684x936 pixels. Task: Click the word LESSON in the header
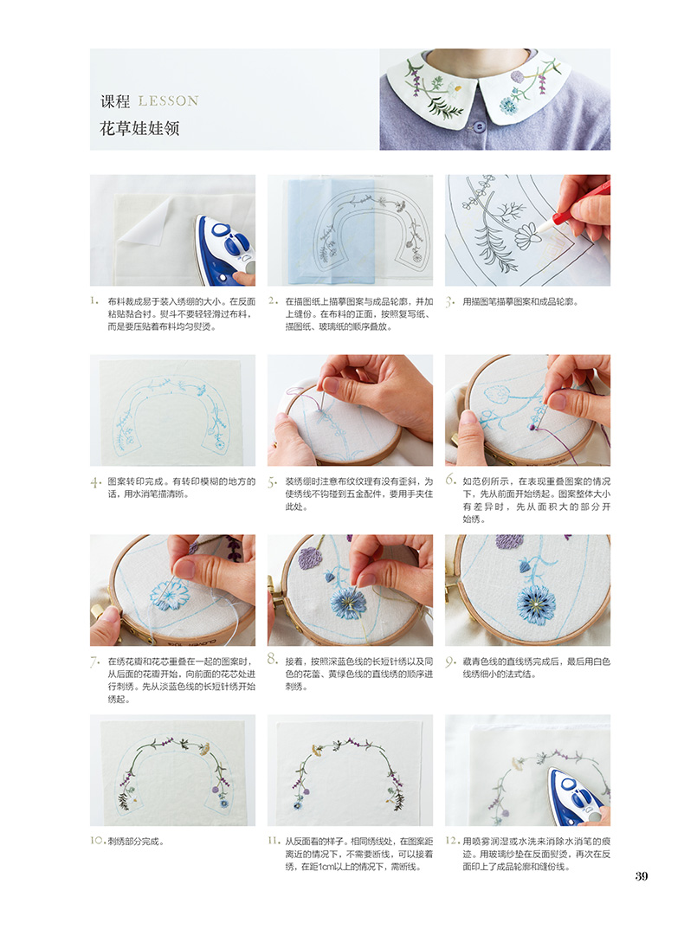tap(168, 101)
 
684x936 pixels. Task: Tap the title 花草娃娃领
tap(139, 128)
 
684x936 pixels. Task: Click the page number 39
tap(641, 875)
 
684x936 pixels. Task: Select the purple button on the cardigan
tap(478, 126)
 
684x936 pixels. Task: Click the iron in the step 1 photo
tap(226, 249)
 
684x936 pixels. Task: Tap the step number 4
tap(95, 482)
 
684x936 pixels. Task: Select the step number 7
tap(94, 662)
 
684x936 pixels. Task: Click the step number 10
tap(98, 841)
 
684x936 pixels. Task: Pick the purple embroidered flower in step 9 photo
tap(509, 541)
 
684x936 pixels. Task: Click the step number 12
tap(453, 841)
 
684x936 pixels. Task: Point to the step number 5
tap(273, 482)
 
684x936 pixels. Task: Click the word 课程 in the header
tap(115, 101)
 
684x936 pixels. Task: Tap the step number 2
tap(273, 300)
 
